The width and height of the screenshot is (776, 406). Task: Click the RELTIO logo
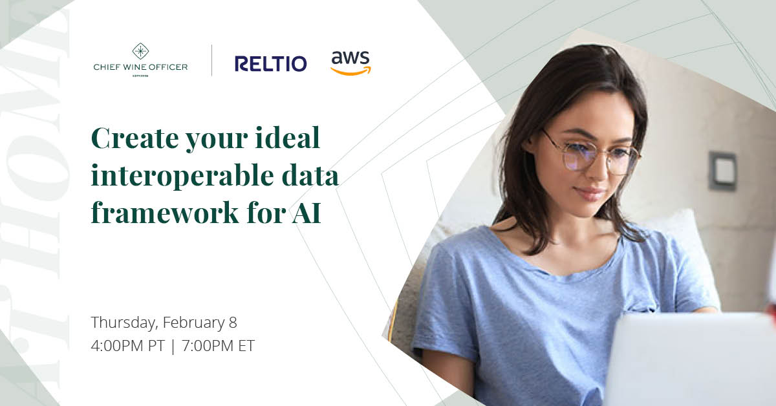point(270,63)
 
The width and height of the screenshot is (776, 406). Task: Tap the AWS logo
point(350,63)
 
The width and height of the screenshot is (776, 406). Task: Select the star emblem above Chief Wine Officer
point(140,51)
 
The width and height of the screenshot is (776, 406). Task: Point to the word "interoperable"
point(190,176)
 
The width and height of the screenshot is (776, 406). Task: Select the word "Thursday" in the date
point(124,322)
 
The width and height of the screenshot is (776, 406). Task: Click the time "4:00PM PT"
point(128,345)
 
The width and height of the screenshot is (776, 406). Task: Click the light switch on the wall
point(722,171)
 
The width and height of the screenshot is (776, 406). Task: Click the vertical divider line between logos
point(212,60)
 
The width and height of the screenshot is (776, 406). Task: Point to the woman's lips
point(588,193)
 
